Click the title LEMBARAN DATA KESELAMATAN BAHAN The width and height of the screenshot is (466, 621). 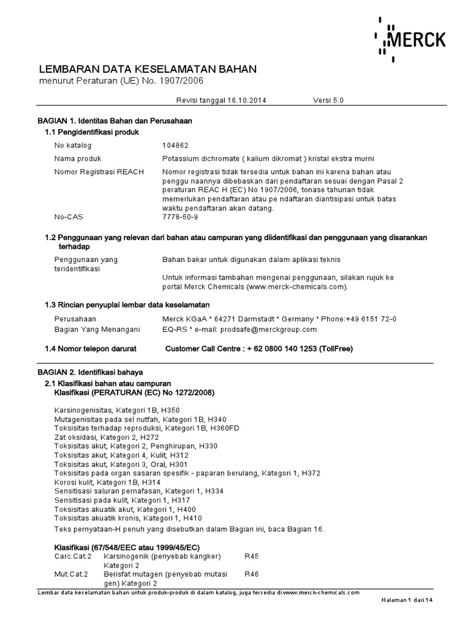pos(148,69)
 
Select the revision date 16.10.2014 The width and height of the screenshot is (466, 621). pos(245,100)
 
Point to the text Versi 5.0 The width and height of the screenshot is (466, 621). pos(328,100)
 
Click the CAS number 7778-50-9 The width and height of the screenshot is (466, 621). pos(180,217)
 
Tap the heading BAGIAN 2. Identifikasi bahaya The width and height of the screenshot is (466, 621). pos(90,372)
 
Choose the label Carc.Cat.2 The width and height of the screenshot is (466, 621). pos(73,556)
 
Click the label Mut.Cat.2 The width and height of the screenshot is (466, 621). pos(72,574)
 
